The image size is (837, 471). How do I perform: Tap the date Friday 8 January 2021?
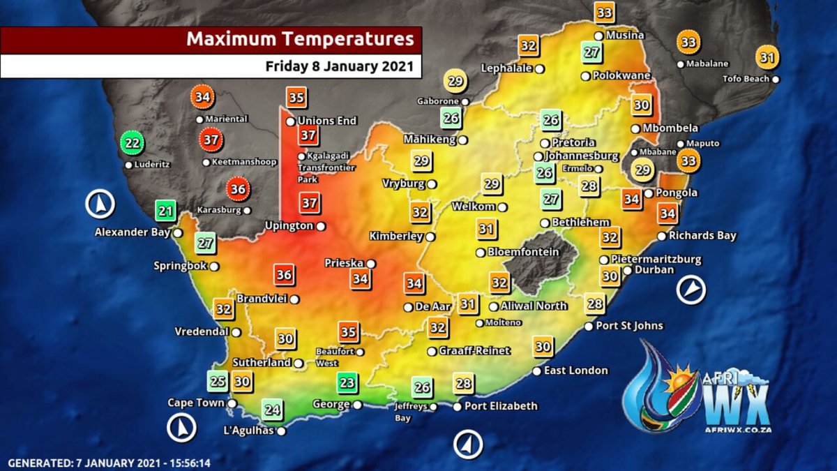339,66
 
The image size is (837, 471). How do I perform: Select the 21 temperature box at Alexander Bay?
166,210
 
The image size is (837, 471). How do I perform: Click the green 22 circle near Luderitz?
131,143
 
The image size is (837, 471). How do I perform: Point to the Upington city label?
289,225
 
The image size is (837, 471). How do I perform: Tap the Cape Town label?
196,403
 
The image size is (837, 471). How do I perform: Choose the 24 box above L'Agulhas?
273,410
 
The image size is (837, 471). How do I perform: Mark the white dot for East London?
536,371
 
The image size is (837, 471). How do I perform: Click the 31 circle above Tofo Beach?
767,57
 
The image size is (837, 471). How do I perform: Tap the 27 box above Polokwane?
592,53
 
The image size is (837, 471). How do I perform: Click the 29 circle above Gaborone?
455,82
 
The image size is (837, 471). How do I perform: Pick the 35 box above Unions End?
296,98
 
